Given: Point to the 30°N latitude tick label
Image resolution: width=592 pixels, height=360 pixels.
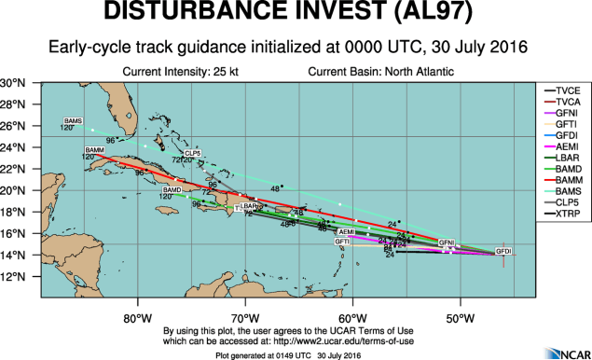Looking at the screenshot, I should tap(12, 83).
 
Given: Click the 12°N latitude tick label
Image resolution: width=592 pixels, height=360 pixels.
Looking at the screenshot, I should tap(12, 276).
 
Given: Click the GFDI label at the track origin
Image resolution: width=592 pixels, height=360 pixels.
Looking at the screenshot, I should tap(503, 252).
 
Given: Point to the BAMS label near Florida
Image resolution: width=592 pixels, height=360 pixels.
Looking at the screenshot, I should tap(73, 121).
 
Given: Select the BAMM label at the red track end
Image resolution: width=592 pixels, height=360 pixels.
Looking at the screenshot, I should tap(93, 150).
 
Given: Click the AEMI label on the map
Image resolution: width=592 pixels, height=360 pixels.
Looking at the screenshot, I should tap(347, 231).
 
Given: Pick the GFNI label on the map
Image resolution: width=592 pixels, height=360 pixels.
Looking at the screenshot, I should tap(447, 242).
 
